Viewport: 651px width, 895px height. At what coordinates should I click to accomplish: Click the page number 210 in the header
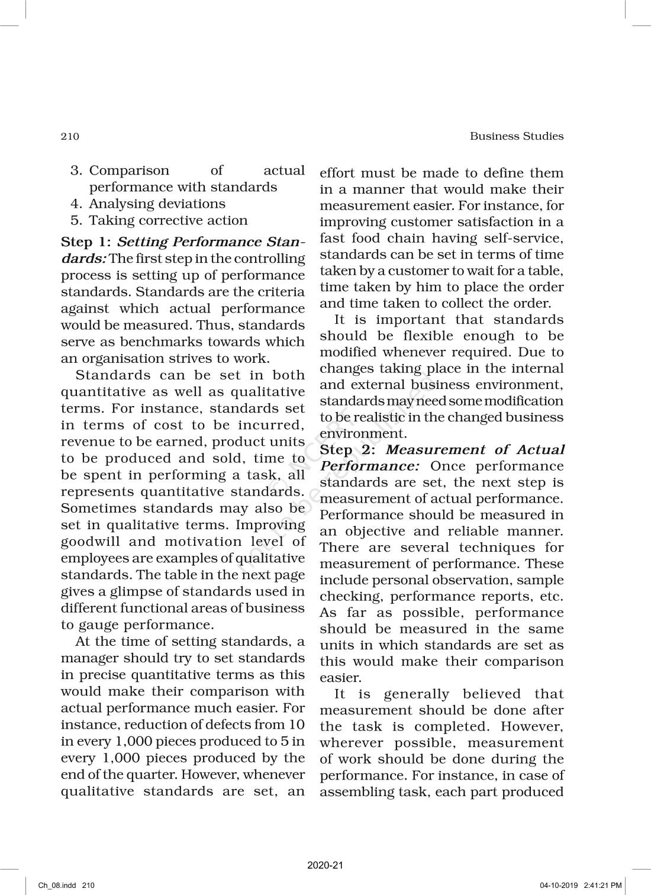tap(70, 136)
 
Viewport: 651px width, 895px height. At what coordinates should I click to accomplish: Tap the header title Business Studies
tap(516, 136)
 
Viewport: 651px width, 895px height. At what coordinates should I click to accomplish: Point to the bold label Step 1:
tap(86, 242)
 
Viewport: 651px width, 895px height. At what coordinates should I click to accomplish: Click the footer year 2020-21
tap(325, 865)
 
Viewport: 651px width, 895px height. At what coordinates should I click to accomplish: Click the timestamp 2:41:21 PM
tap(603, 886)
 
